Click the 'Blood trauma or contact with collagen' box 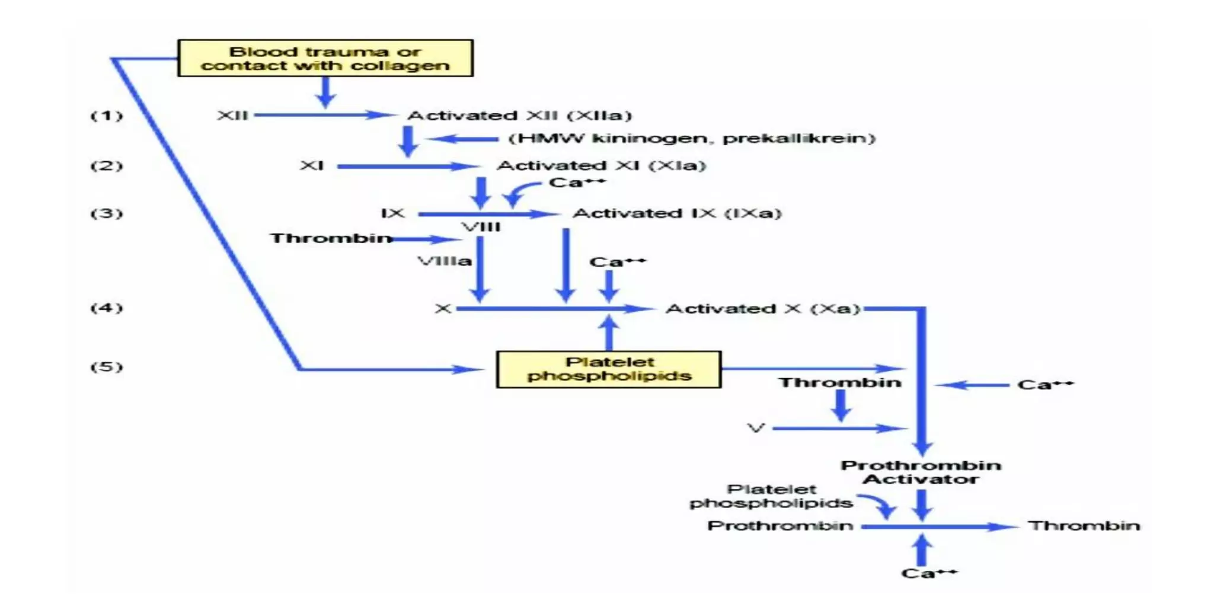325,58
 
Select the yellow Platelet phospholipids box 609,369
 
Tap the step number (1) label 107,115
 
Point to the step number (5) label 107,367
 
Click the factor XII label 232,115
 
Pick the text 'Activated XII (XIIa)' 519,115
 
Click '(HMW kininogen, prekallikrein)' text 691,138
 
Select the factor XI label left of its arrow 312,165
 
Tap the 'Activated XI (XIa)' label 601,165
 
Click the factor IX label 392,213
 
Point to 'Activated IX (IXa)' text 676,213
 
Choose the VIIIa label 445,261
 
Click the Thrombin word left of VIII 331,238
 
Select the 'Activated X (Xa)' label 762,309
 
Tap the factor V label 756,428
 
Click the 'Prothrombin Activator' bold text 921,472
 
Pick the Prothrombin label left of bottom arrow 780,526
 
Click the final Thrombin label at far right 1084,526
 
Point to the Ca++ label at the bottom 928,573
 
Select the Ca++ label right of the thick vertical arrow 1045,385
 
